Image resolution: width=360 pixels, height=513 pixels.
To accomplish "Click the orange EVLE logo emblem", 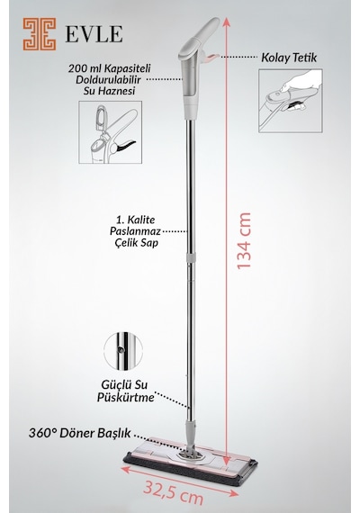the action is click(x=40, y=34).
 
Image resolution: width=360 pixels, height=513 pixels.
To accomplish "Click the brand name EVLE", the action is click(x=94, y=34).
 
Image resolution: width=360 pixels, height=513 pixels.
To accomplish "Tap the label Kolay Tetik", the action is click(x=289, y=58).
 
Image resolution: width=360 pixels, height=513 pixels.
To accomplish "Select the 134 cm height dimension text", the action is click(x=244, y=241).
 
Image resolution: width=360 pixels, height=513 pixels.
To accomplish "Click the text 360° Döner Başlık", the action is click(x=80, y=433).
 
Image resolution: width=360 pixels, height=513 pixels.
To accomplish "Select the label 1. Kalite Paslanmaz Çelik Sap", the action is click(x=135, y=231).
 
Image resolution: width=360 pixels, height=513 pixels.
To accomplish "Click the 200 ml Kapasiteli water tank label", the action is click(x=109, y=79).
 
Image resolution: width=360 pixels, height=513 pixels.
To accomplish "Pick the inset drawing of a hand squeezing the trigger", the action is click(x=291, y=101).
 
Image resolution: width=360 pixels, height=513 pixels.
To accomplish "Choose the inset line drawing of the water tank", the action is click(x=111, y=132).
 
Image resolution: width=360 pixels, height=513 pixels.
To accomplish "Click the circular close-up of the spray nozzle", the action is click(x=123, y=351).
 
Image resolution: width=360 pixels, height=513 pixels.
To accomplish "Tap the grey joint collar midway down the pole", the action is click(x=190, y=256).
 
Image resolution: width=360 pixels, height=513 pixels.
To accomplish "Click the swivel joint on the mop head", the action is click(x=190, y=454).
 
